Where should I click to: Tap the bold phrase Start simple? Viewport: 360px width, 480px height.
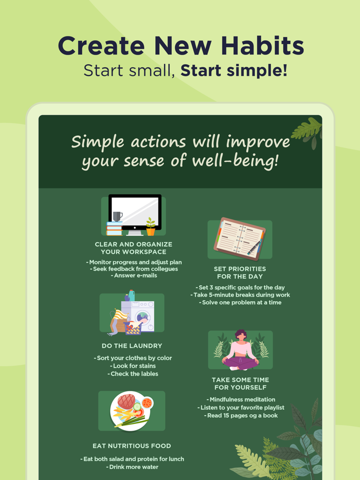click(234, 70)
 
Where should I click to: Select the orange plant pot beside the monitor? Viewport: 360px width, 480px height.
click(150, 231)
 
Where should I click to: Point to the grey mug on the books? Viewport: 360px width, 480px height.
click(117, 216)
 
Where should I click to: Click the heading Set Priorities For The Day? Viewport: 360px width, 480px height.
click(240, 272)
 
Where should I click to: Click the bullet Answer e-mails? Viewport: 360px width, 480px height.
click(134, 275)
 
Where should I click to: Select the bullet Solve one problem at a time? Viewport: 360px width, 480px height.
click(240, 302)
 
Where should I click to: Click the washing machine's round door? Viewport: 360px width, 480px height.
click(142, 317)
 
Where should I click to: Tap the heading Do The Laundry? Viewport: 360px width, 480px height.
click(132, 346)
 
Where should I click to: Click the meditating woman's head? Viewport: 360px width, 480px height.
click(240, 335)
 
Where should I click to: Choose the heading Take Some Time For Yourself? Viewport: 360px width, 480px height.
click(240, 383)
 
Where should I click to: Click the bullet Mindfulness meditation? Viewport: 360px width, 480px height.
click(241, 399)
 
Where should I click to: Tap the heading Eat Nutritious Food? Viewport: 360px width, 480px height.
click(132, 446)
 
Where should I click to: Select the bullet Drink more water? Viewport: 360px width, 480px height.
click(132, 467)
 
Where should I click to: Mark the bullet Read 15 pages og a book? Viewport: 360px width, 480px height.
click(241, 415)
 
